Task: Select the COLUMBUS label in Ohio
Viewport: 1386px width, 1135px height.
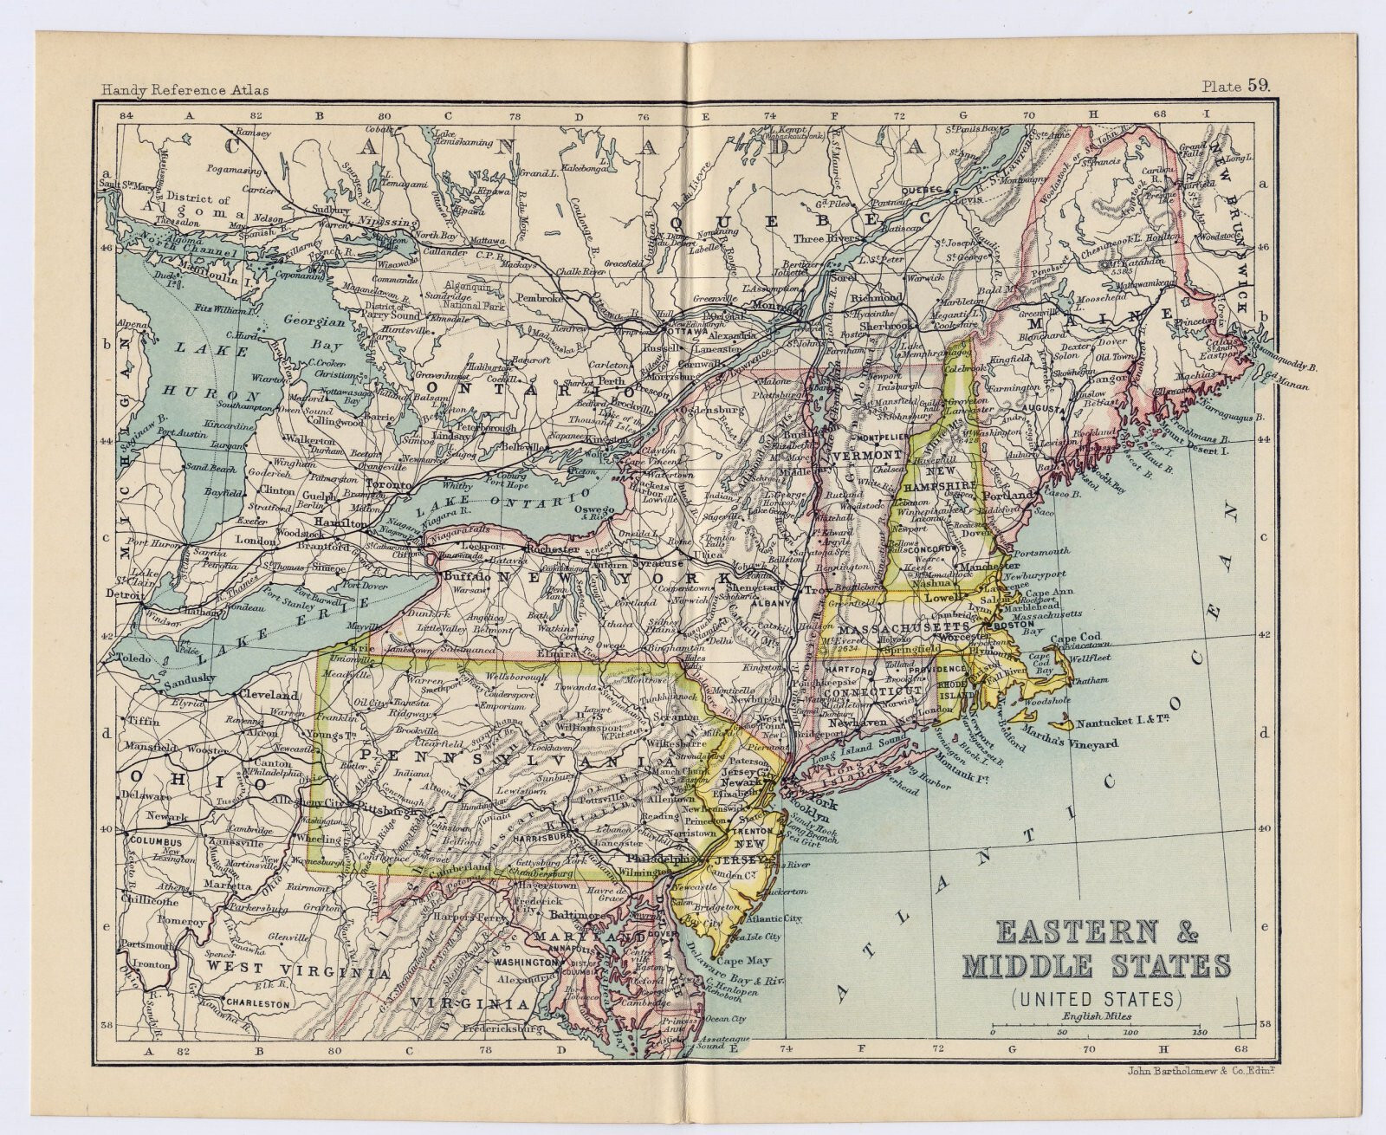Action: click(155, 841)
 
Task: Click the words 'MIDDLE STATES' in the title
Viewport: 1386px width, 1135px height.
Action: click(1113, 964)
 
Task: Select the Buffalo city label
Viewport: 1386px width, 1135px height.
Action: click(467, 575)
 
